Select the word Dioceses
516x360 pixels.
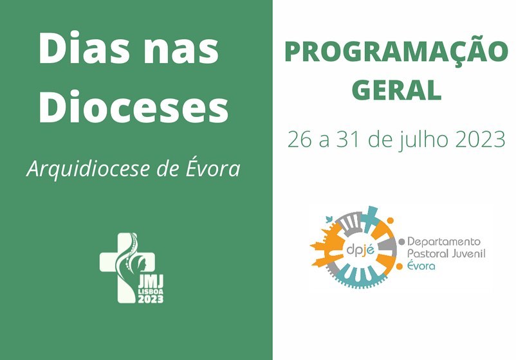134,105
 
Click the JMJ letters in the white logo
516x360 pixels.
151,282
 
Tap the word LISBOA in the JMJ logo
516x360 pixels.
151,292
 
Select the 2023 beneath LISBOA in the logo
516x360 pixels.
151,299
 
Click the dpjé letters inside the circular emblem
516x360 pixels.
360,250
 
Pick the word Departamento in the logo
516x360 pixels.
444,242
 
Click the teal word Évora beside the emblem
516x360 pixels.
421,265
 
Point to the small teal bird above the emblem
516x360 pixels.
329,219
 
